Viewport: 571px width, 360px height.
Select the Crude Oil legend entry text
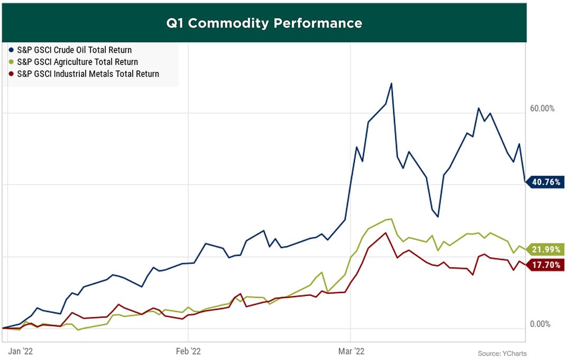point(75,50)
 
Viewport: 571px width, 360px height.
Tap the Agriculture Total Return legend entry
point(77,62)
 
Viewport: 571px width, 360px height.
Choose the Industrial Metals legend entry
point(88,74)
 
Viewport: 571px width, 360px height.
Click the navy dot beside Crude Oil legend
point(12,50)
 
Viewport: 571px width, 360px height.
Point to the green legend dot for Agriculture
point(12,62)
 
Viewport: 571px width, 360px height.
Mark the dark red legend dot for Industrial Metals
point(12,74)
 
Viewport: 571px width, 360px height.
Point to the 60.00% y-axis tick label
point(542,108)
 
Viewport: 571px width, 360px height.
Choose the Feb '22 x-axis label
point(188,351)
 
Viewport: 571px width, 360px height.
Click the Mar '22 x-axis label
point(351,351)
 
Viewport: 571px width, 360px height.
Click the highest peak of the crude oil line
point(391,84)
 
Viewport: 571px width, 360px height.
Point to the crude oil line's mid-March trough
point(438,216)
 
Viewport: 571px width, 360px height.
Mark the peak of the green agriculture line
point(391,219)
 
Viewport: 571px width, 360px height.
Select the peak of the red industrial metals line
point(386,233)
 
